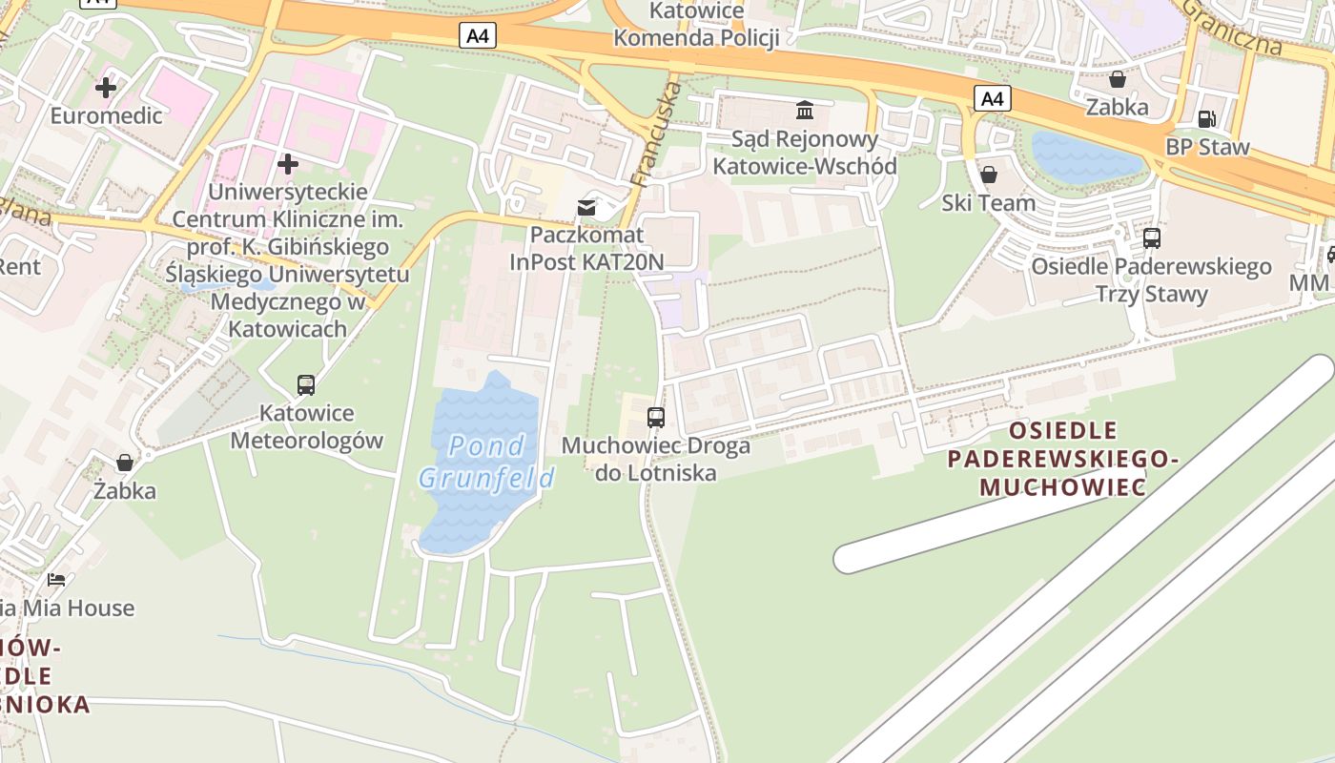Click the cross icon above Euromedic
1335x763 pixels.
[x=106, y=88]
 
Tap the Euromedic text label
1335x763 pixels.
[x=106, y=116]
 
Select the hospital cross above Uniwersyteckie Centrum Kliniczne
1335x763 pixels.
[x=287, y=164]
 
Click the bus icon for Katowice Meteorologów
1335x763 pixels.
[x=306, y=385]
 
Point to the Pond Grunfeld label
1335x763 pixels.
[x=486, y=462]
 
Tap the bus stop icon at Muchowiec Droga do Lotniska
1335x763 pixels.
[x=655, y=417]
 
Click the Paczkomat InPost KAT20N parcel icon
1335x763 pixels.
[x=586, y=207]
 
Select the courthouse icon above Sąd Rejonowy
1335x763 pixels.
[x=805, y=111]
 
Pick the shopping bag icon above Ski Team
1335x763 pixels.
[x=989, y=175]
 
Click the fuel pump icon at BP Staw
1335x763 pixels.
[x=1206, y=119]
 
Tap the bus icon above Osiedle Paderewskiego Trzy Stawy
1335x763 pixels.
[x=1151, y=237]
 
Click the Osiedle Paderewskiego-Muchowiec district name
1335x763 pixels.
[x=1062, y=459]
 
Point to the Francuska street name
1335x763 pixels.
[x=657, y=134]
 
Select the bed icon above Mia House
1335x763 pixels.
[x=57, y=579]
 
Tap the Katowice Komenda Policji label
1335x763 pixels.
[x=696, y=25]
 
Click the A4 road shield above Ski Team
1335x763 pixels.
[x=993, y=98]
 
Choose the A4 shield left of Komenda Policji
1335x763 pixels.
[x=478, y=36]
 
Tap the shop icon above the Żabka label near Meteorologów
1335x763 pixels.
[x=125, y=463]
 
